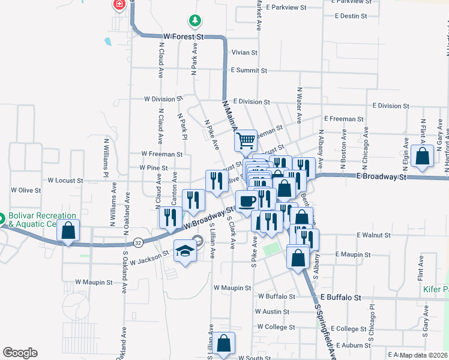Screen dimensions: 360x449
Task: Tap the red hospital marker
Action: click(x=119, y=4)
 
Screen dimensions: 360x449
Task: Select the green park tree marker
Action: click(x=194, y=21)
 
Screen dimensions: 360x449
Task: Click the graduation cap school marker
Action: click(x=185, y=252)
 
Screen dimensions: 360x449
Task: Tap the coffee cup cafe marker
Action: click(x=246, y=201)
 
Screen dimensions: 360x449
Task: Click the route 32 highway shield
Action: click(x=138, y=242)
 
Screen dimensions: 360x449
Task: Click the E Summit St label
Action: click(x=253, y=70)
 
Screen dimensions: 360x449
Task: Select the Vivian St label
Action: click(x=244, y=53)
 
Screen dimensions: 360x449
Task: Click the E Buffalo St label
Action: click(x=341, y=297)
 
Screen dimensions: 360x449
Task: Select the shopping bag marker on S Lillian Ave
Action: click(x=224, y=344)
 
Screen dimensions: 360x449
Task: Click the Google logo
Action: click(x=20, y=353)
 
